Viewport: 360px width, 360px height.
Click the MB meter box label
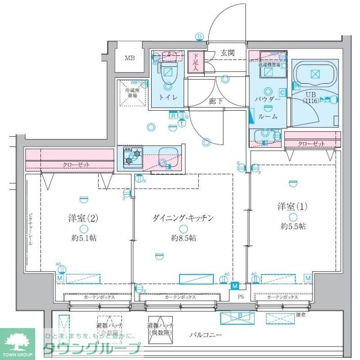pos(130,58)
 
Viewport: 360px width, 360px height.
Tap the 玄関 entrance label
pos(227,53)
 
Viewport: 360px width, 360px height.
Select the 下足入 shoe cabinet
pos(196,62)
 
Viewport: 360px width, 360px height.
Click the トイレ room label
pos(168,97)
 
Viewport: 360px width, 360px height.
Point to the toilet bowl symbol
pos(168,72)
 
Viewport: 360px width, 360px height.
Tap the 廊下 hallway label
pos(216,101)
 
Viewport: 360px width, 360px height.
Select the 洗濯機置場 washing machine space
pos(269,70)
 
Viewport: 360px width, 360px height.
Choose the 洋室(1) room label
pos(292,207)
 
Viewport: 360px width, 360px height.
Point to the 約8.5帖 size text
pos(183,238)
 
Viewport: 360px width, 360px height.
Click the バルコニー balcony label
pos(205,334)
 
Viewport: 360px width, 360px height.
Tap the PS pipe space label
pos(241,297)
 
